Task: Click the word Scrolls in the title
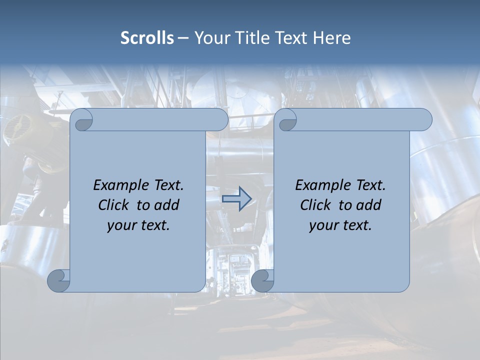[x=147, y=38]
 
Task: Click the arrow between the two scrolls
[x=236, y=198]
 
